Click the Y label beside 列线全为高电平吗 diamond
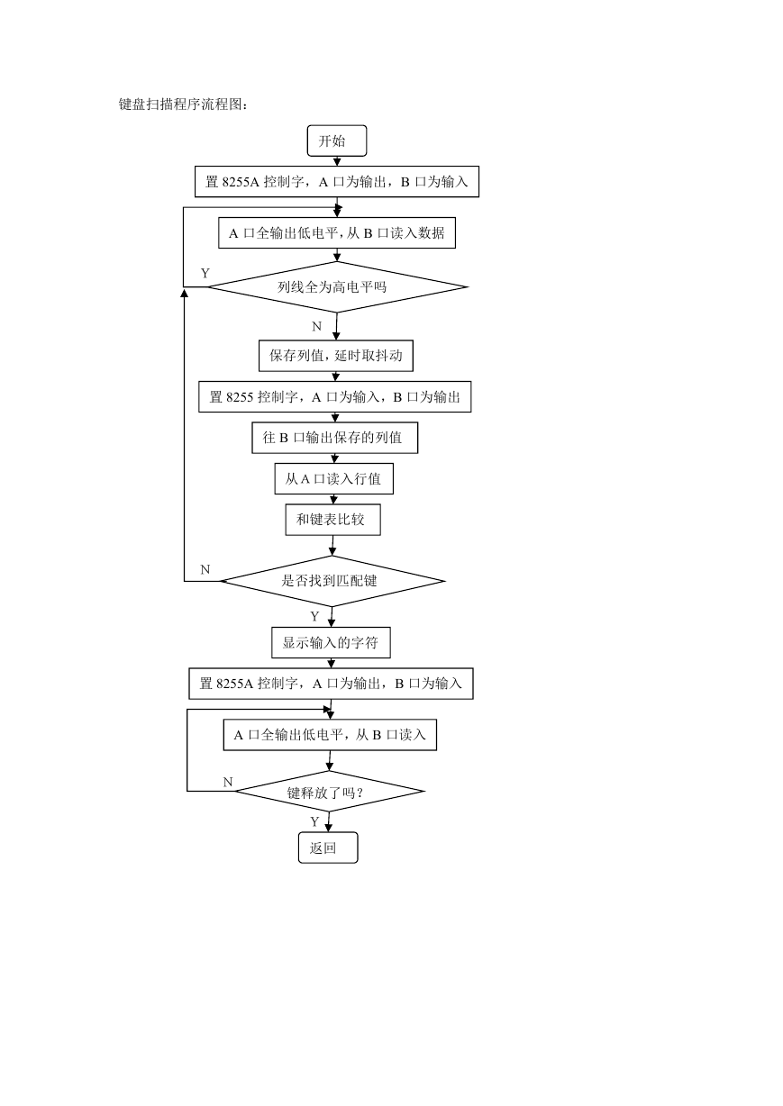tap(205, 273)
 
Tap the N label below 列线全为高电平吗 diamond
tap(316, 326)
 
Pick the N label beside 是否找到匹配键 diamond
tap(205, 569)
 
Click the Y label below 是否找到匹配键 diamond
tap(314, 616)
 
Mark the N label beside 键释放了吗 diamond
tap(228, 782)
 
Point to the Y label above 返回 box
tap(314, 821)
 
